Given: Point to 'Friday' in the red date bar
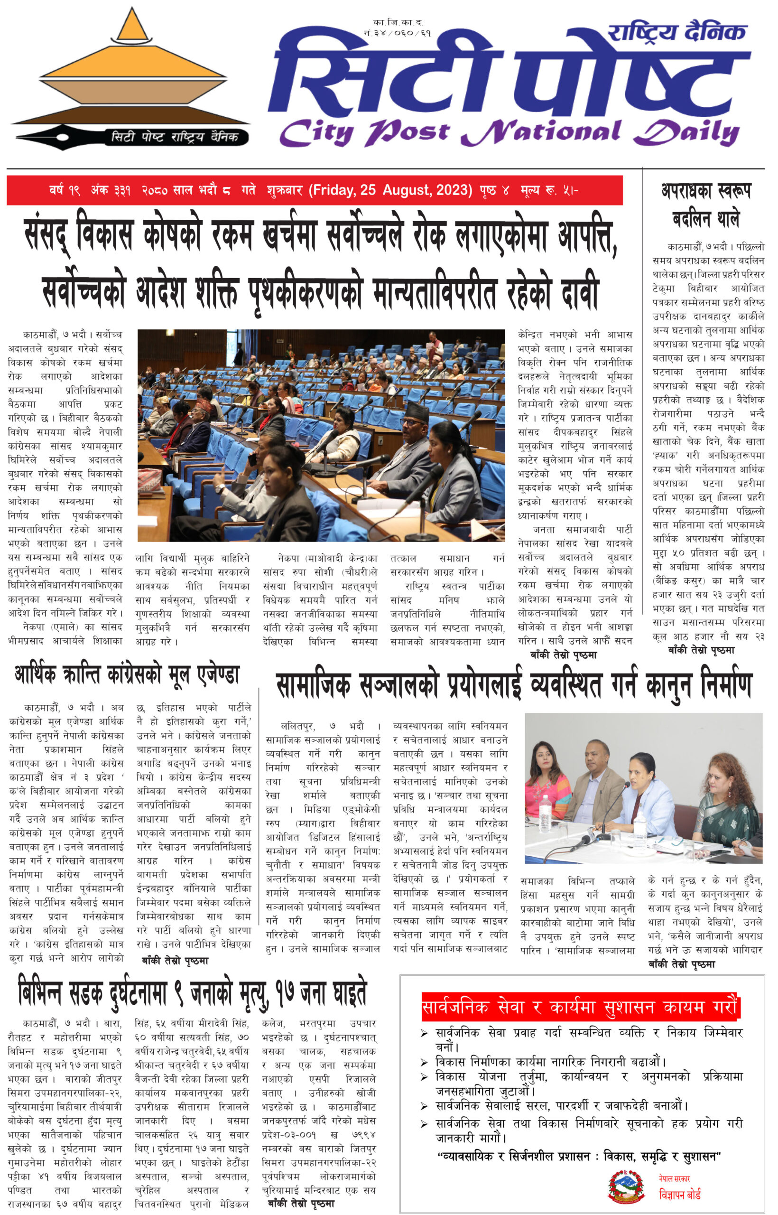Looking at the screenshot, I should (x=334, y=190).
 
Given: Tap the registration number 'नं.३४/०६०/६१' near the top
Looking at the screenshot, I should (x=397, y=33).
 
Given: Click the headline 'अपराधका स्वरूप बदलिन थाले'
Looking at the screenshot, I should (x=706, y=205).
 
